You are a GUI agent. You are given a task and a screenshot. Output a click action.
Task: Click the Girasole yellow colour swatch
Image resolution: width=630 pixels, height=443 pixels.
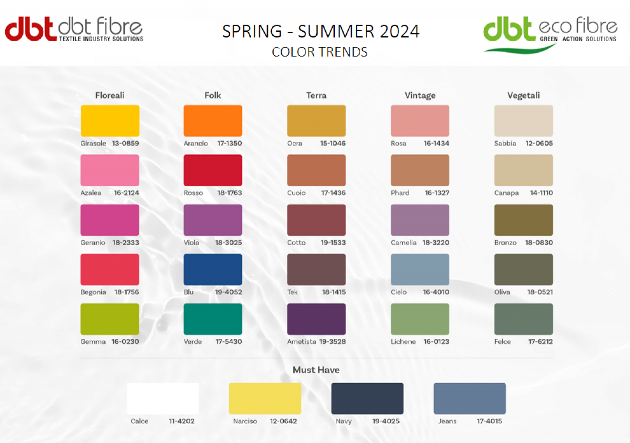(110, 121)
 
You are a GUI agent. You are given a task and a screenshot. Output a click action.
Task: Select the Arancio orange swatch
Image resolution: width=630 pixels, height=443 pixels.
(213, 121)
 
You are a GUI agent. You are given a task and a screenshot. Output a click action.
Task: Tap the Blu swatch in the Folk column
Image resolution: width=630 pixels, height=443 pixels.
(213, 270)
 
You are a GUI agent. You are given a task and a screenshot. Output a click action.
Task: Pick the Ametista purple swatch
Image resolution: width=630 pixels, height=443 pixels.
(316, 319)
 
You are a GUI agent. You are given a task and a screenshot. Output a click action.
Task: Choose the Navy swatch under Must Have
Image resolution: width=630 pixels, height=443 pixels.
(367, 398)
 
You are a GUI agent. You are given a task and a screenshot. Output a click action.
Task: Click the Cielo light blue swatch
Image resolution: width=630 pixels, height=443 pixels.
(420, 270)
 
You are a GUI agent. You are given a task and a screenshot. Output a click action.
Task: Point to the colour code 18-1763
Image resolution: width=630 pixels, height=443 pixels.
(230, 193)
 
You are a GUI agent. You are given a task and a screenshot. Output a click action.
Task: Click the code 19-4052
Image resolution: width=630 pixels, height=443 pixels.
(228, 292)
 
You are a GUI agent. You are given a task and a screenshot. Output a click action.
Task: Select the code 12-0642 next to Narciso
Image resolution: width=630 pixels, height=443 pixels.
(283, 421)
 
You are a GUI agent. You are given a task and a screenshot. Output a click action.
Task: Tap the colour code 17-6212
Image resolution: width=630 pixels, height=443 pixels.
(540, 341)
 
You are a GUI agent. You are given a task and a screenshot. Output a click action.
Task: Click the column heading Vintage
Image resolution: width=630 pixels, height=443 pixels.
(420, 95)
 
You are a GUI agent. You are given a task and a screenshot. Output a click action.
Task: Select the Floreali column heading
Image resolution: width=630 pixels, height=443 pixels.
(110, 95)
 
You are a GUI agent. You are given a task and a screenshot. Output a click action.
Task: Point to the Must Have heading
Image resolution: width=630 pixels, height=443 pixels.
(316, 370)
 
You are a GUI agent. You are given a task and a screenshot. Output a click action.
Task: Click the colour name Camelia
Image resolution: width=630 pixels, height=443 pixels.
(404, 242)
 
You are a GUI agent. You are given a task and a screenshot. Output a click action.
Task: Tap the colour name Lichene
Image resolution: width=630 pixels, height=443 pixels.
(403, 341)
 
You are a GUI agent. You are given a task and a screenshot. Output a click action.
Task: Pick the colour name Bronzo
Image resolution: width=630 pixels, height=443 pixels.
(505, 242)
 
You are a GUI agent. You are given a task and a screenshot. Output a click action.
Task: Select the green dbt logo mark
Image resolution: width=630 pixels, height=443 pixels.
(509, 29)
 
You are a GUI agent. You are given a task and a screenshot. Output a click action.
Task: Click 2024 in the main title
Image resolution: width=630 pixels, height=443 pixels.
(400, 31)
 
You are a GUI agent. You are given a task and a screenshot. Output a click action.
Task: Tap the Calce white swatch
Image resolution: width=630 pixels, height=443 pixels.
(163, 398)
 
